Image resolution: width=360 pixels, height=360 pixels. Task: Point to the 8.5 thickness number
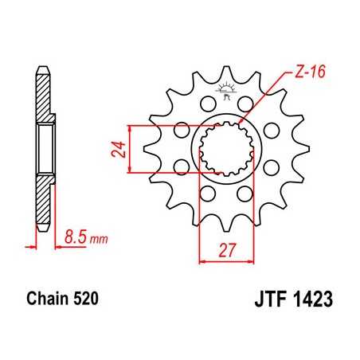(x=76, y=237)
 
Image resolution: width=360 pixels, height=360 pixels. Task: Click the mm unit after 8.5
(x=97, y=238)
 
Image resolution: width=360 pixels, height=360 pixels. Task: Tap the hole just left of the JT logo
(x=207, y=103)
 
